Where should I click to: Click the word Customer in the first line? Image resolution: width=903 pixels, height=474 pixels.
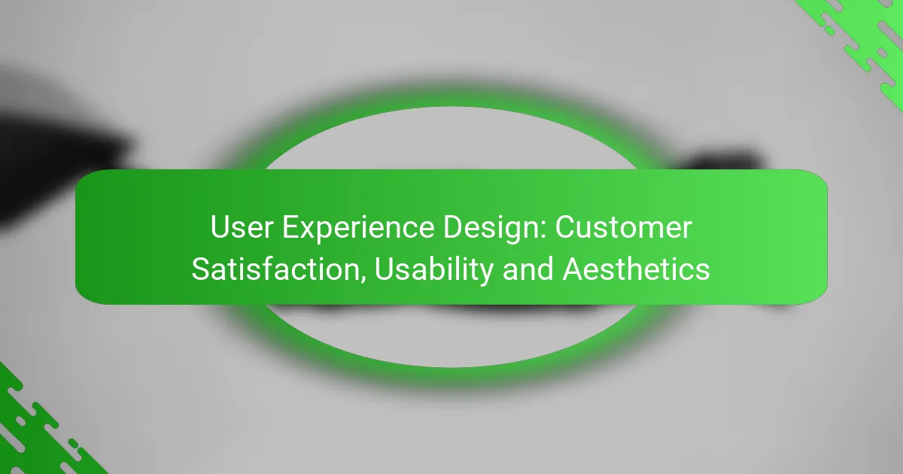[625, 228]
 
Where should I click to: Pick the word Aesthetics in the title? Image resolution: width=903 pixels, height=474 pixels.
[637, 268]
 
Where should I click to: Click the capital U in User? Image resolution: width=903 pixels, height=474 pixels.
[218, 228]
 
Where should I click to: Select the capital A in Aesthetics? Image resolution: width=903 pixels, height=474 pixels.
[572, 268]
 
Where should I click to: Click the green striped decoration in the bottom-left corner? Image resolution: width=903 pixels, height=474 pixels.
[38, 429]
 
